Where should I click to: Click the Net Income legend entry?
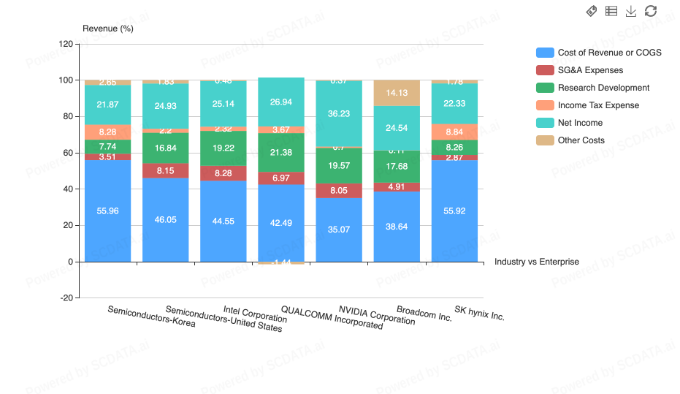pyautogui.click(x=580, y=123)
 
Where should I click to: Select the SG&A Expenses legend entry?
pyautogui.click(x=590, y=70)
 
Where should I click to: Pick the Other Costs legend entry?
pyautogui.click(x=581, y=140)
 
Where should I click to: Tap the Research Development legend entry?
pyautogui.click(x=603, y=88)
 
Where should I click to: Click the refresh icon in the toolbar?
pyautogui.click(x=651, y=11)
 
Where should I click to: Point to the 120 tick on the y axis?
pyautogui.click(x=66, y=44)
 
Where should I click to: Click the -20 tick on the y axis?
pyautogui.click(x=66, y=298)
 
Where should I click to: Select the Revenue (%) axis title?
pyautogui.click(x=108, y=29)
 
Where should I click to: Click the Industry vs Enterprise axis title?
pyautogui.click(x=537, y=262)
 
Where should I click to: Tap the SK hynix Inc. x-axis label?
pyautogui.click(x=480, y=313)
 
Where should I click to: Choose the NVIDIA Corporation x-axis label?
pyautogui.click(x=377, y=316)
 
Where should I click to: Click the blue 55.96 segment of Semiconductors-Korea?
pyautogui.click(x=107, y=211)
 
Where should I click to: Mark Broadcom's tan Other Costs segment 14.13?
pyautogui.click(x=397, y=93)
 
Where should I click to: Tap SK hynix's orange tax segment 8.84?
pyautogui.click(x=454, y=132)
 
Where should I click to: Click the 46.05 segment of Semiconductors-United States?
pyautogui.click(x=165, y=219)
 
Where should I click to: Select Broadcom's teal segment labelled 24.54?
pyautogui.click(x=397, y=128)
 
